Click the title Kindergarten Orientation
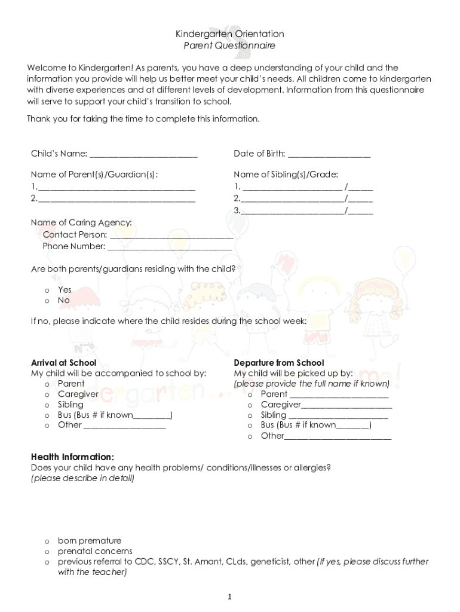229,34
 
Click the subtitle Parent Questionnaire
229,45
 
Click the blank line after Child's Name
143,154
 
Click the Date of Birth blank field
329,154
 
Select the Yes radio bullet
47,290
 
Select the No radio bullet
47,301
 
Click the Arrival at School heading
63,363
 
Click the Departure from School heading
279,363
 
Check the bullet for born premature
47,541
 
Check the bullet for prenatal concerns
47,552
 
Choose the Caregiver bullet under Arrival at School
47,394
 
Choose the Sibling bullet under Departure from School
250,415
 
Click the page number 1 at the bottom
230,596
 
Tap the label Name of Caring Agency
81,223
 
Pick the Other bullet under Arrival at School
47,426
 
